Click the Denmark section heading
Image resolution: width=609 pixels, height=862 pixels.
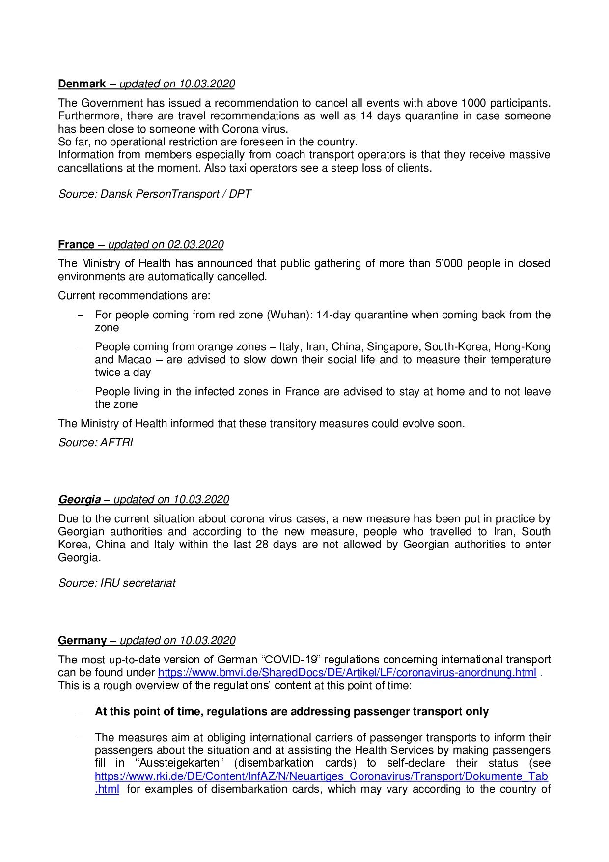[x=82, y=84]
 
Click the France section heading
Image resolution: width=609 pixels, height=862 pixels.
[x=76, y=244]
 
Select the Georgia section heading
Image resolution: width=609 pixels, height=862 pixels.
[x=79, y=499]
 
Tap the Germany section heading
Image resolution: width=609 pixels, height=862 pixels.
[x=82, y=640]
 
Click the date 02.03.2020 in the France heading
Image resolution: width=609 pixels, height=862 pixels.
[x=195, y=244]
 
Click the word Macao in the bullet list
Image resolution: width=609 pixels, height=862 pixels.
[x=135, y=359]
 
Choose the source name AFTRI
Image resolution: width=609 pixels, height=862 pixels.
[x=116, y=442]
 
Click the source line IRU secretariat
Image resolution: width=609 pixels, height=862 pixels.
[x=138, y=583]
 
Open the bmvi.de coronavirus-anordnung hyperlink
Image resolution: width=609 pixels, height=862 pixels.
[x=347, y=672]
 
